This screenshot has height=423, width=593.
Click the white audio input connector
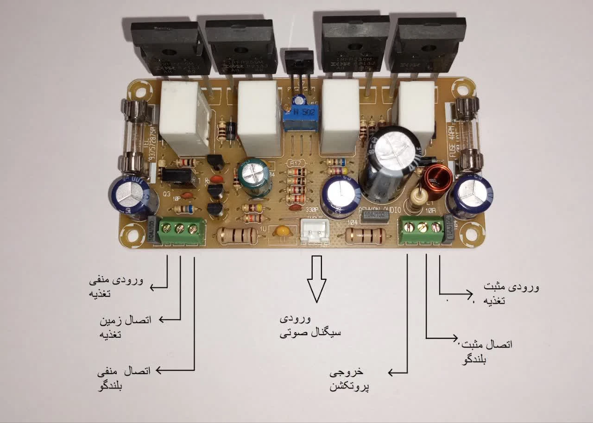pos(314,231)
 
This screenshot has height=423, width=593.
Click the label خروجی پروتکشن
pos(349,379)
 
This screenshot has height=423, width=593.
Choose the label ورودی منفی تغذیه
pos(116,287)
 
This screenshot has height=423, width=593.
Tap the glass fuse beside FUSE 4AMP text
pos(467,134)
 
